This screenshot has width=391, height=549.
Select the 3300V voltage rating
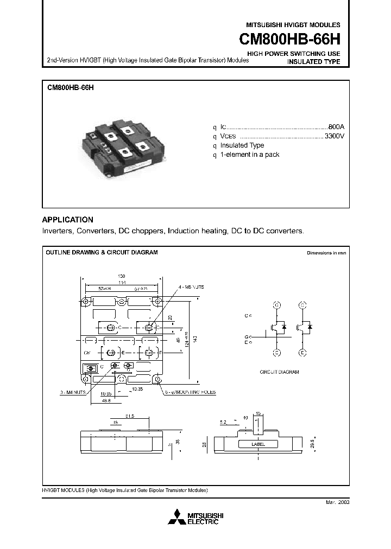pyautogui.click(x=334, y=136)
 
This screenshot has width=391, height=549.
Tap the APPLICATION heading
pyautogui.click(x=67, y=220)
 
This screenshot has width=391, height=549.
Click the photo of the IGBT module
pyautogui.click(x=122, y=146)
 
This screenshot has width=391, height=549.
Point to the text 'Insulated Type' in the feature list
pyautogui.click(x=242, y=145)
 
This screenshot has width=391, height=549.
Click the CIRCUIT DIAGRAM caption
pyautogui.click(x=279, y=372)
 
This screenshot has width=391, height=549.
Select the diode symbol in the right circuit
pyautogui.click(x=310, y=327)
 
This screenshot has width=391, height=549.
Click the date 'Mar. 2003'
pyautogui.click(x=337, y=502)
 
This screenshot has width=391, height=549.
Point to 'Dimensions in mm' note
pyautogui.click(x=326, y=253)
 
